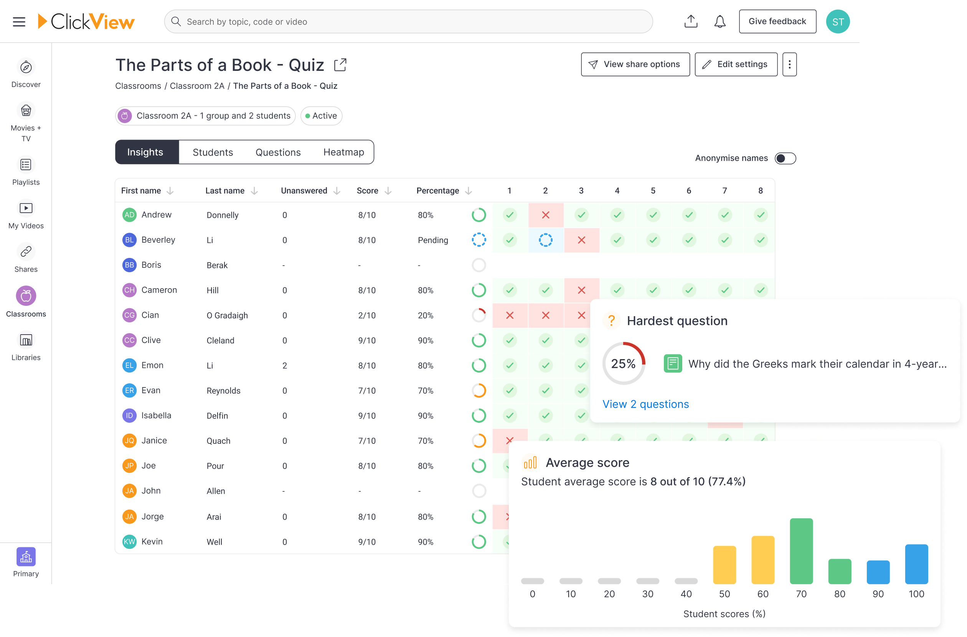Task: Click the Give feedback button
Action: [x=777, y=21]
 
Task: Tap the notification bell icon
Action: [x=720, y=21]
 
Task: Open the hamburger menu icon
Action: [x=19, y=21]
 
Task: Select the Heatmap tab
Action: [x=343, y=152]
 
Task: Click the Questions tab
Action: [x=278, y=152]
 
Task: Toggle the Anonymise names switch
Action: [x=785, y=158]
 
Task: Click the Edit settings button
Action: [x=736, y=64]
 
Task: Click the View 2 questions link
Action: [x=645, y=404]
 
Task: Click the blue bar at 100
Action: [x=916, y=564]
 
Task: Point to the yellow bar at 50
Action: [x=724, y=565]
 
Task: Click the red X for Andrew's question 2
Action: [x=546, y=215]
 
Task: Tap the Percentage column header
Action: [x=437, y=190]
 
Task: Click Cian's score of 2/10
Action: [x=367, y=315]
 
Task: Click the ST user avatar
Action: [x=838, y=21]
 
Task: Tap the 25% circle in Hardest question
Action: [x=624, y=363]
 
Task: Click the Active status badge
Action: [x=321, y=116]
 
